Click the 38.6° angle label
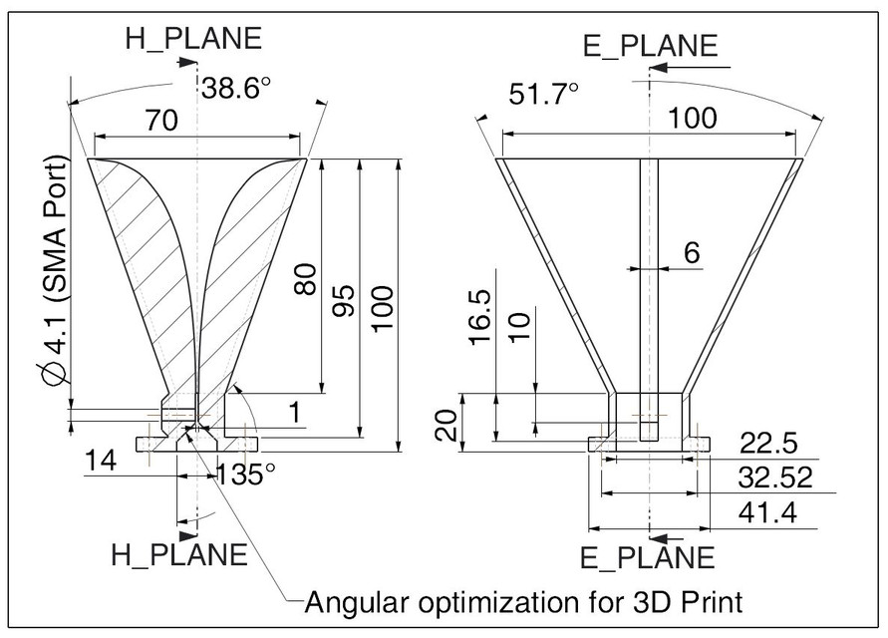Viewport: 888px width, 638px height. [236, 89]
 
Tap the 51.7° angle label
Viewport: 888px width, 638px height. [544, 96]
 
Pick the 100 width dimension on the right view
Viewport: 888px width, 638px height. [692, 118]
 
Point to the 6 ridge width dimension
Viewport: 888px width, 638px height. [692, 253]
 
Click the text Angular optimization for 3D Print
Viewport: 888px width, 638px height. [523, 602]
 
